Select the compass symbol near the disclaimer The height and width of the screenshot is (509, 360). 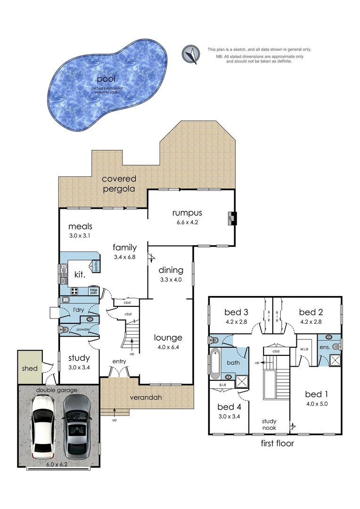(191, 54)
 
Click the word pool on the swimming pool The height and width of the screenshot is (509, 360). (106, 79)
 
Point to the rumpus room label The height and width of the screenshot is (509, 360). (187, 213)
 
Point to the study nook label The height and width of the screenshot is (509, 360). (269, 425)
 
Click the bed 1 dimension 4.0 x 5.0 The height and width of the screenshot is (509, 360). (316, 403)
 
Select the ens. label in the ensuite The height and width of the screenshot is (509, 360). (324, 347)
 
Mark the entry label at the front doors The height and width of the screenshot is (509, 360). (119, 361)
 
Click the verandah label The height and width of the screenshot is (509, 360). (146, 397)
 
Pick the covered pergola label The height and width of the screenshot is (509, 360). (119, 184)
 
